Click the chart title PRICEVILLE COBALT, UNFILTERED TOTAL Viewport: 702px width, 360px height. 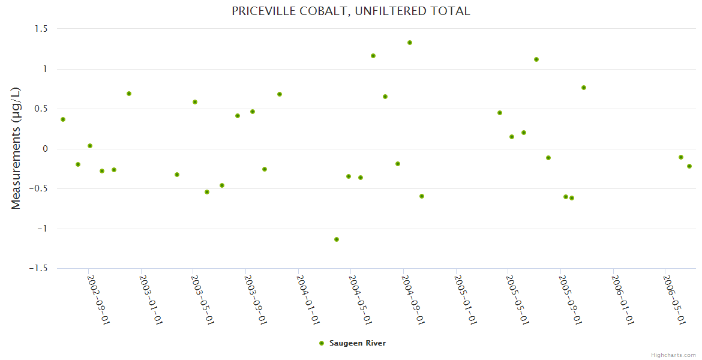point(351,11)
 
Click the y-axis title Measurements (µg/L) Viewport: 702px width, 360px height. point(16,148)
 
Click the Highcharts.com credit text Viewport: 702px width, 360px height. point(673,355)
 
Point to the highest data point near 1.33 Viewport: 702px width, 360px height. point(410,43)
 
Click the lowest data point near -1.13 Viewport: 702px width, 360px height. point(337,239)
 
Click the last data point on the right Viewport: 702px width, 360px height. point(689,166)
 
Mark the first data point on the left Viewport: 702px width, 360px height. point(63,119)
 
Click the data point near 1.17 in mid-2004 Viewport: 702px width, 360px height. point(373,56)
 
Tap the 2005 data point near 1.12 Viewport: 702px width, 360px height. point(536,59)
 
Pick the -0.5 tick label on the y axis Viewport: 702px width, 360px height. point(40,189)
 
